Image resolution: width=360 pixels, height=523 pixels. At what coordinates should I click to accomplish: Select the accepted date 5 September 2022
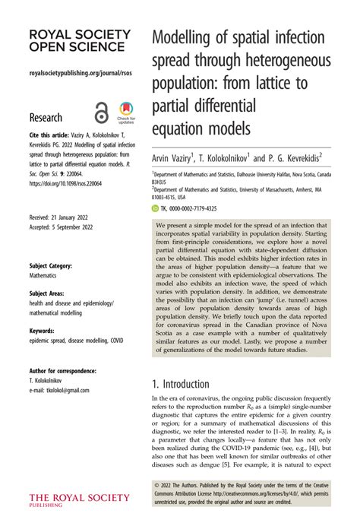click(x=68, y=227)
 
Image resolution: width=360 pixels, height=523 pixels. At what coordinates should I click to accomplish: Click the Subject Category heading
click(x=51, y=266)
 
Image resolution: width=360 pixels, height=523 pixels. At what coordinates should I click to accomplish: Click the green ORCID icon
click(x=155, y=208)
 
